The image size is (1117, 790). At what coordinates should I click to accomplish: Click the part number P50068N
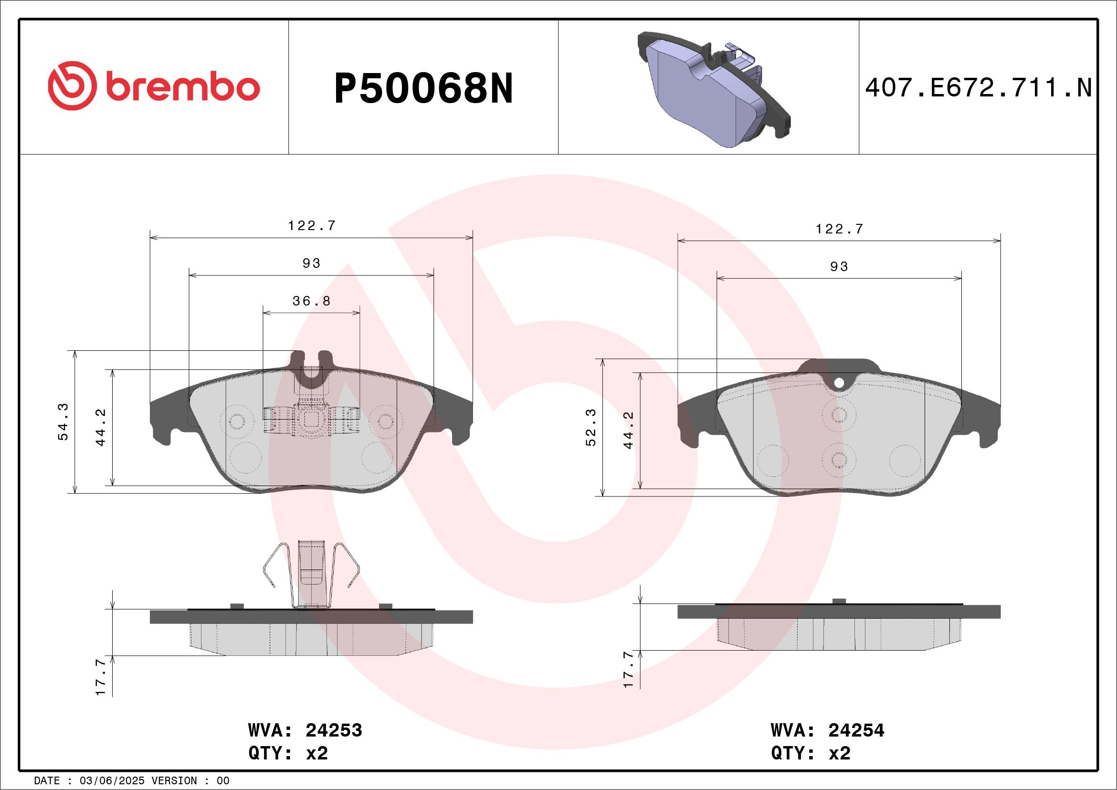[423, 88]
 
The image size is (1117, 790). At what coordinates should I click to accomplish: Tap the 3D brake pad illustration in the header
[713, 90]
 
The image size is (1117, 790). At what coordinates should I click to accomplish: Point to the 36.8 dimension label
[311, 301]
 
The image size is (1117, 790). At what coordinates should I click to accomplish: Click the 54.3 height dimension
[63, 422]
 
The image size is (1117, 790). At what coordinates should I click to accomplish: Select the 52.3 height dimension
[590, 428]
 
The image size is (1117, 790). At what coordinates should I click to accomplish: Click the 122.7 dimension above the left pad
[311, 226]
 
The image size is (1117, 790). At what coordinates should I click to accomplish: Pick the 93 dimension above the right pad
[839, 266]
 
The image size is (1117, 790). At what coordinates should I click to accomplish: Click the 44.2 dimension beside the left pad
[101, 427]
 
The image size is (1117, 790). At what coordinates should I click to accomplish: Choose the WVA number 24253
[334, 731]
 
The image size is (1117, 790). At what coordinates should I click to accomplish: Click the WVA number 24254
[856, 731]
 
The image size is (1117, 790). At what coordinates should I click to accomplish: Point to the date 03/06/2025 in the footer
[112, 781]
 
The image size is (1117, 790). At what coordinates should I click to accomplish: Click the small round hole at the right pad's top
[839, 383]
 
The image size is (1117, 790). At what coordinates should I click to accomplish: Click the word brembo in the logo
[183, 87]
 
